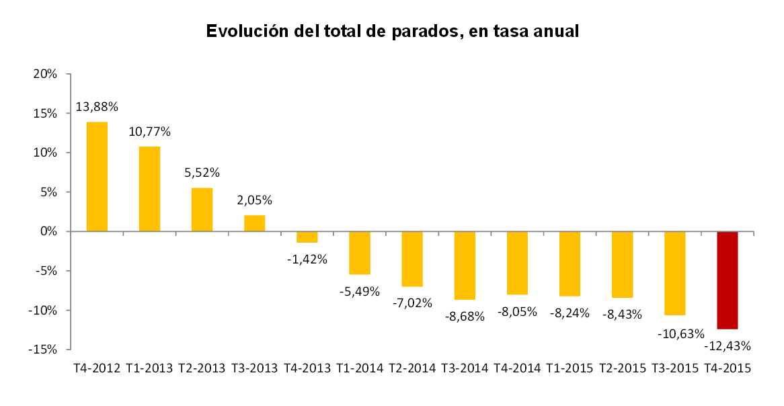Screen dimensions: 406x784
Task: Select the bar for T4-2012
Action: point(97,176)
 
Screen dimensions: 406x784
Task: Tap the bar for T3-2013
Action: point(254,223)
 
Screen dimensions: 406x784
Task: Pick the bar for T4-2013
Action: point(307,237)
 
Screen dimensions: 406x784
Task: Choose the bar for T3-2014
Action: point(465,265)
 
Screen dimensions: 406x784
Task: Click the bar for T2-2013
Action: point(202,209)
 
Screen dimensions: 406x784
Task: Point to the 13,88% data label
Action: point(97,107)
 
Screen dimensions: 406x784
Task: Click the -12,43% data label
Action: point(728,346)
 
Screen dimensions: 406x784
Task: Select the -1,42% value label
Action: point(307,259)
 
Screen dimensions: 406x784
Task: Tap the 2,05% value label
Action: point(254,200)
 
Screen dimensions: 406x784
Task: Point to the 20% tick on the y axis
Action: point(44,74)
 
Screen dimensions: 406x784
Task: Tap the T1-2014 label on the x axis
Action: point(360,368)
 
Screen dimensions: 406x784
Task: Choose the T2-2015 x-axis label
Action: point(622,368)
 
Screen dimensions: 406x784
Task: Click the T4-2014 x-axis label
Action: point(517,368)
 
